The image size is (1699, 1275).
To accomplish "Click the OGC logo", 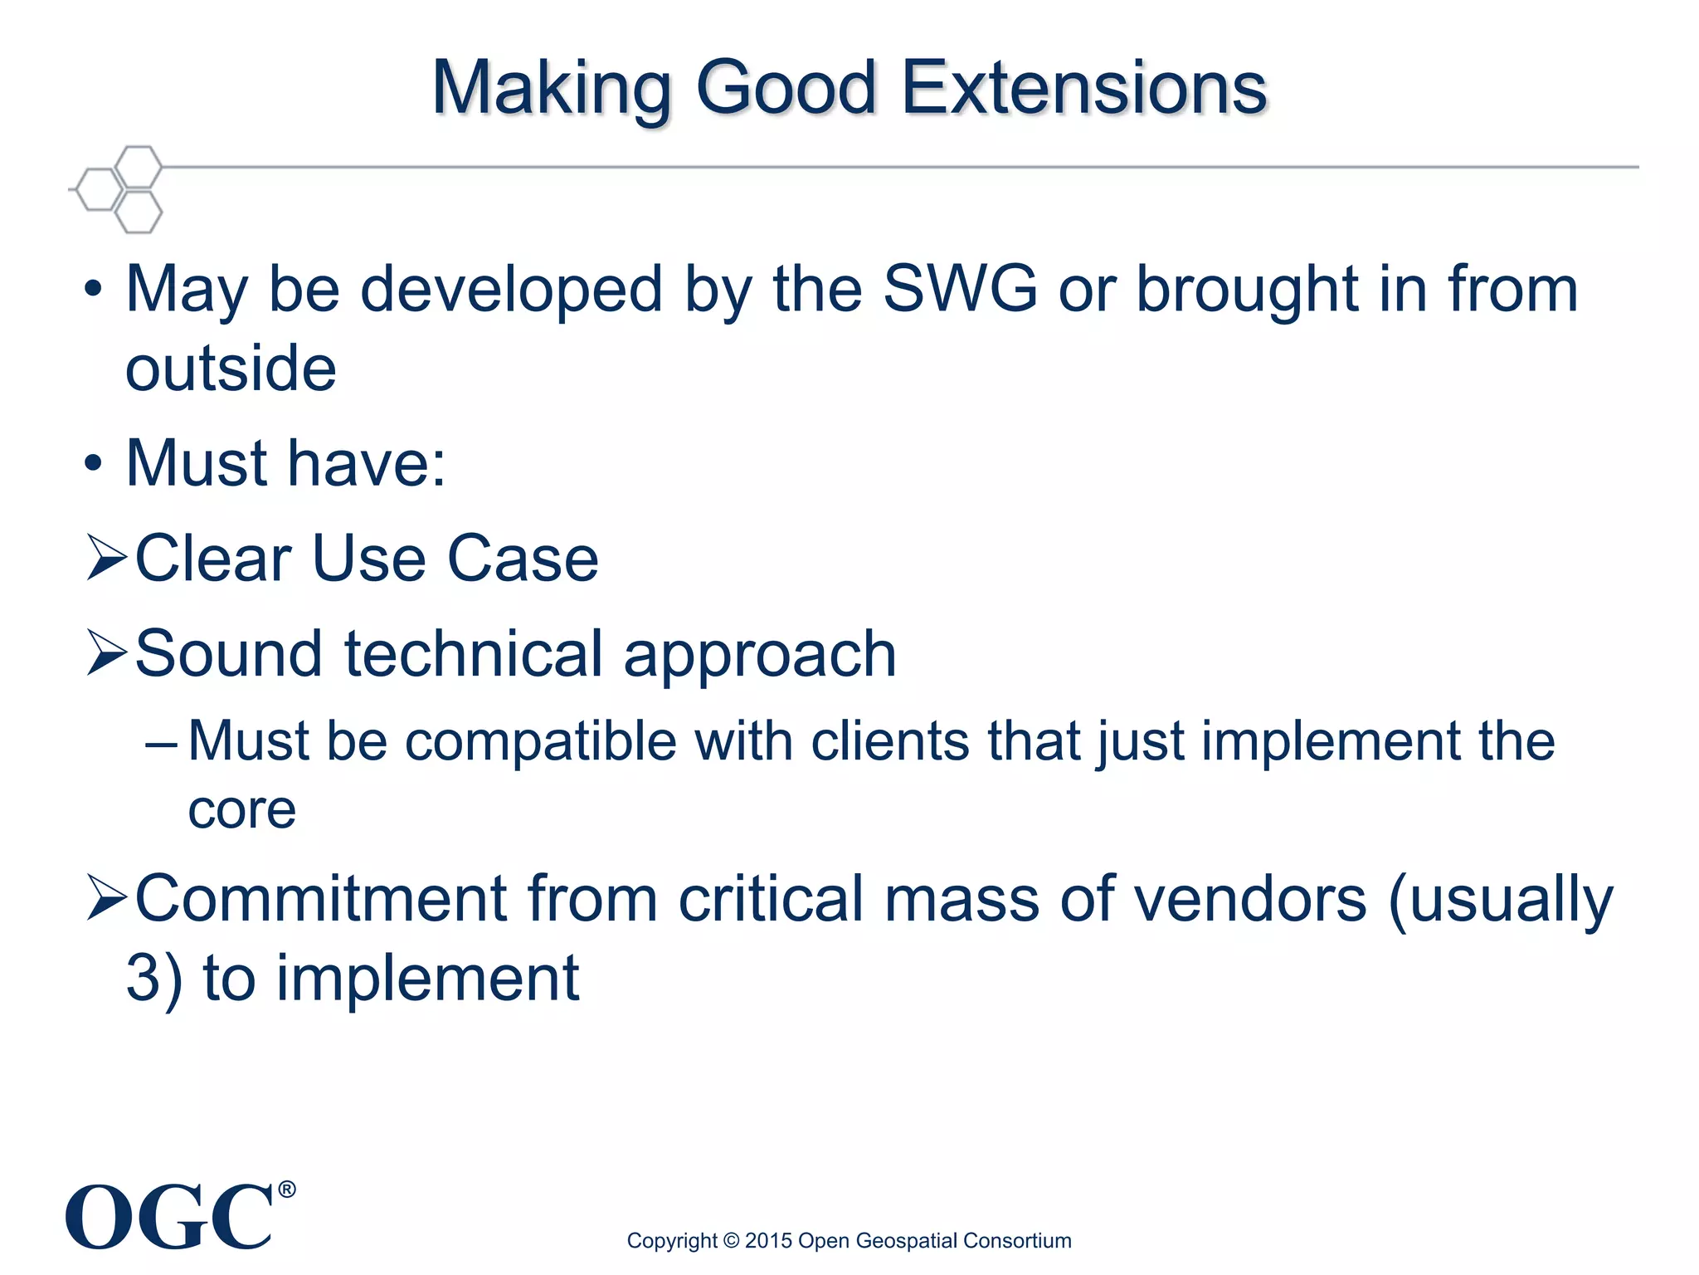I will tap(170, 1217).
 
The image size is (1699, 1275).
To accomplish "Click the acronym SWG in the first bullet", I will tap(960, 289).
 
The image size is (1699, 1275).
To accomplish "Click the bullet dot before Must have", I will tap(93, 464).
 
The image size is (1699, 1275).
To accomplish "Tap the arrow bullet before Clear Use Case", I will tap(107, 558).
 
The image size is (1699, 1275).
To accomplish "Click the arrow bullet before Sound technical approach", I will tap(107, 653).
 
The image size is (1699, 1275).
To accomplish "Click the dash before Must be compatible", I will tap(160, 741).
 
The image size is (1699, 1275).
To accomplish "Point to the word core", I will tap(241, 809).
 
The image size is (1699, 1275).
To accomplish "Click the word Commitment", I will tap(321, 899).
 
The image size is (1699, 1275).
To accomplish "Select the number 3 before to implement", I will tap(142, 979).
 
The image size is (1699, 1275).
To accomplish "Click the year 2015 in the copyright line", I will tap(768, 1241).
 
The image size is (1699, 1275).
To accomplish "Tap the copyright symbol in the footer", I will tap(731, 1241).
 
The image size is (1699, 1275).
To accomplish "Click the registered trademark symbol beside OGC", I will tap(286, 1190).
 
